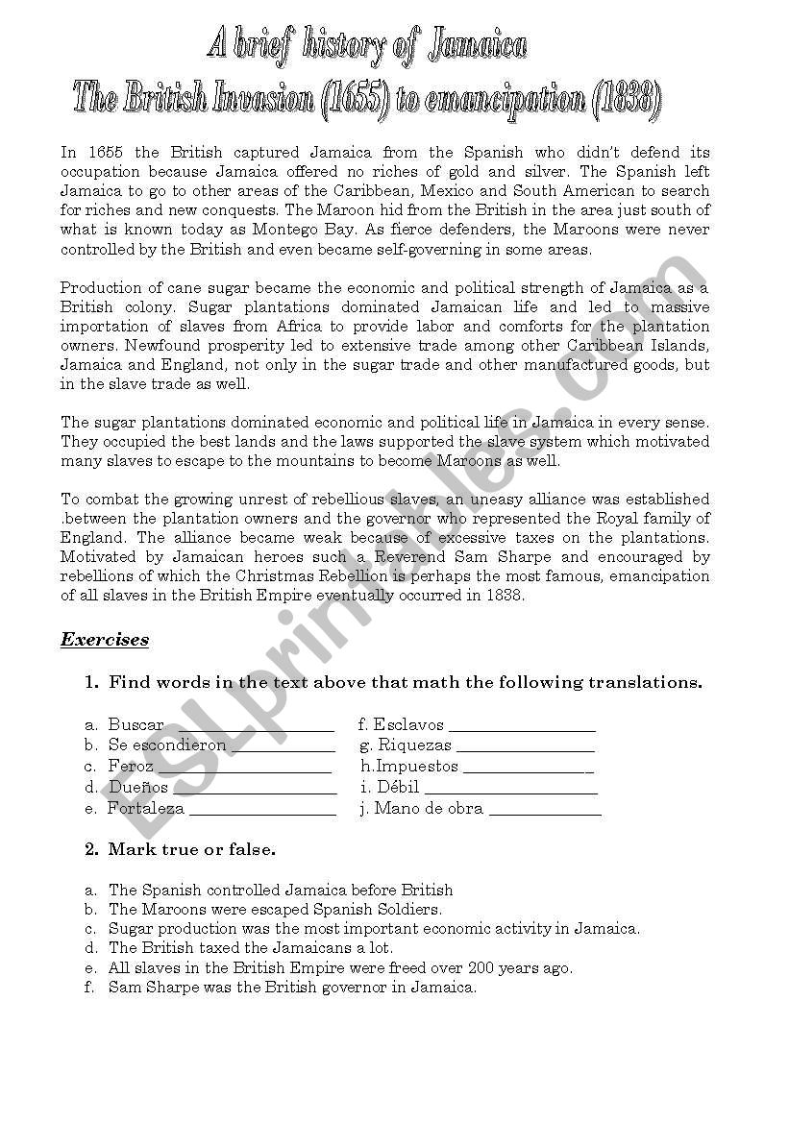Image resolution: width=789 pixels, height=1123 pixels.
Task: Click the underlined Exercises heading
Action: pyautogui.click(x=105, y=640)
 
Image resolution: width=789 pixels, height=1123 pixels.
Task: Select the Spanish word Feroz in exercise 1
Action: pyautogui.click(x=131, y=767)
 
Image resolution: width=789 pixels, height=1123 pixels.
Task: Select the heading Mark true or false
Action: pyautogui.click(x=192, y=849)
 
